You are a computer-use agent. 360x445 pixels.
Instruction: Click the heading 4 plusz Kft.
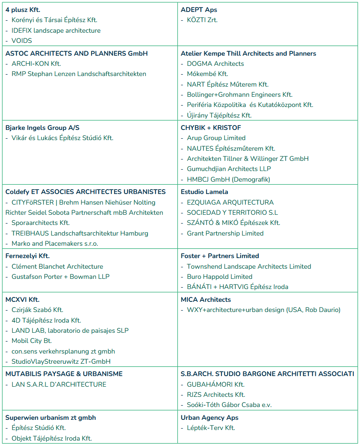[23, 10]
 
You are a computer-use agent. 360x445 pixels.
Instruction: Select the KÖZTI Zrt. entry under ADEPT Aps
[202, 20]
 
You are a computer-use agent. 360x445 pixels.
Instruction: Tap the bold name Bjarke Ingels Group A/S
[42, 128]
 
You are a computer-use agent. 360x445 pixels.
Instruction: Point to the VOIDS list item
[22, 41]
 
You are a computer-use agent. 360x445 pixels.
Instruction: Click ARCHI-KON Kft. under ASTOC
[36, 64]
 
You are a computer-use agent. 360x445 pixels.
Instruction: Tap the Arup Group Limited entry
[216, 138]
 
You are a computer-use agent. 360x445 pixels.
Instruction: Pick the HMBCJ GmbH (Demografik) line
[228, 179]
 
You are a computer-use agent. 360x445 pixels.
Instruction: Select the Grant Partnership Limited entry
[225, 233]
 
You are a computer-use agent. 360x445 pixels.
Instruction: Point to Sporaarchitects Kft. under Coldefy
[40, 223]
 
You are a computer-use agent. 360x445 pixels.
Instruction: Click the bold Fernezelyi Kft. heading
[27, 256]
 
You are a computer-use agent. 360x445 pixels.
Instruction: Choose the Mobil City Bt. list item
[31, 341]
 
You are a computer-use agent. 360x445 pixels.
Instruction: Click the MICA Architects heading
[206, 300]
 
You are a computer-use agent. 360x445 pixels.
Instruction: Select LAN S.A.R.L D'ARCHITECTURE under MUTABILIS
[59, 384]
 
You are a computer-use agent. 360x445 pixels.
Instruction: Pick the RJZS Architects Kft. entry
[216, 395]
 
